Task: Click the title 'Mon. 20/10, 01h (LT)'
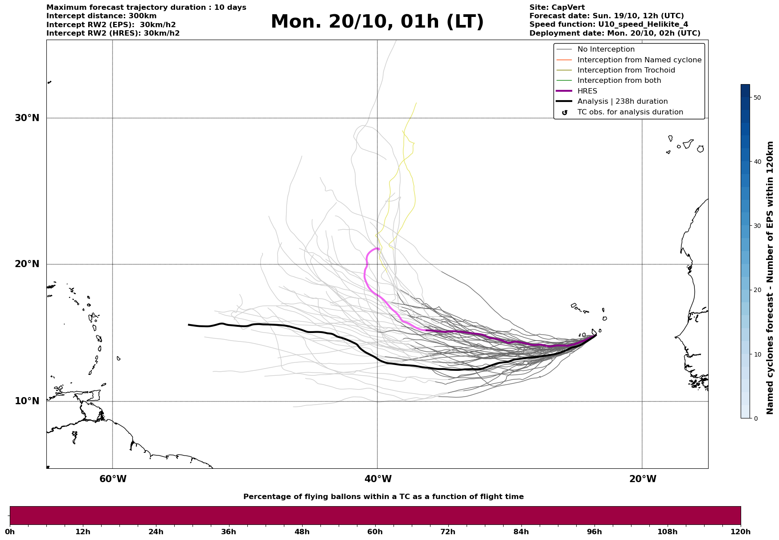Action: (x=377, y=22)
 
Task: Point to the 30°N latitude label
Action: (x=27, y=118)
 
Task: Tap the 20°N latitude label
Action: (x=27, y=264)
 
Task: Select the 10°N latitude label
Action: (x=27, y=401)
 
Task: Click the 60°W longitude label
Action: (x=113, y=479)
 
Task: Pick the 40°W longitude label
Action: (x=378, y=479)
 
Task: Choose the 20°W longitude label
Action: (x=643, y=479)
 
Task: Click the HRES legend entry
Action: (x=587, y=91)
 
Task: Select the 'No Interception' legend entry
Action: (x=606, y=49)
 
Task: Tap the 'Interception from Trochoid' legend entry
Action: (x=626, y=70)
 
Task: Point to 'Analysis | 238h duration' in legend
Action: (x=622, y=102)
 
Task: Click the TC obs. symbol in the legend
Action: (x=565, y=112)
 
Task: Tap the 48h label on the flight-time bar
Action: (x=302, y=532)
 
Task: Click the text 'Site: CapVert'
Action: (x=557, y=8)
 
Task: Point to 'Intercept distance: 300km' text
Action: (x=101, y=16)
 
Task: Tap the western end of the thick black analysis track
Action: (x=189, y=325)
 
